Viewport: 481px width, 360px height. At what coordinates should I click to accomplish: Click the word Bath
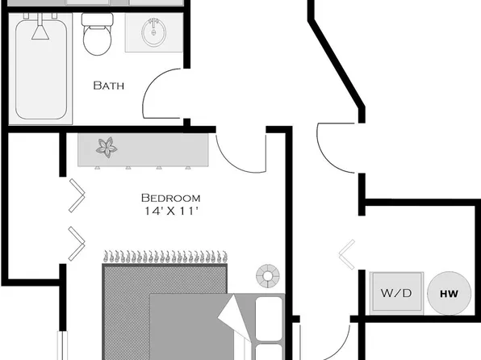[x=108, y=85]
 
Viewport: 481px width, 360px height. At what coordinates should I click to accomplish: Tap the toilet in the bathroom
[x=98, y=38]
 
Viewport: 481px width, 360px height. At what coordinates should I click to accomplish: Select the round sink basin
[x=150, y=34]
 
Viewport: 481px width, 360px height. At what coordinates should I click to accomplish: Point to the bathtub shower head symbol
[x=38, y=31]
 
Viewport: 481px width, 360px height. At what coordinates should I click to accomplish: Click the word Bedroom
[x=170, y=198]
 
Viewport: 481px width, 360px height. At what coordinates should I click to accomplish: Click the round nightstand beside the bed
[x=266, y=275]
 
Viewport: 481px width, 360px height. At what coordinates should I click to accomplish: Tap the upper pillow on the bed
[x=269, y=312]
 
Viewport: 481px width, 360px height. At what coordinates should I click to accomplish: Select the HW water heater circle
[x=446, y=293]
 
